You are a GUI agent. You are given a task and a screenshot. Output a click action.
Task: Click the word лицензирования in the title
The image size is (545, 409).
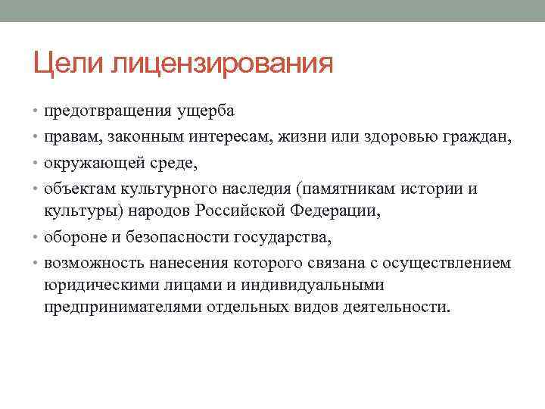(x=221, y=62)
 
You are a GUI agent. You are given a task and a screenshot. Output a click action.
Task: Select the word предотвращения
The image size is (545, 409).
(x=103, y=111)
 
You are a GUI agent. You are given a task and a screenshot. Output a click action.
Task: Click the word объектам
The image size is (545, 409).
(x=81, y=189)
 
